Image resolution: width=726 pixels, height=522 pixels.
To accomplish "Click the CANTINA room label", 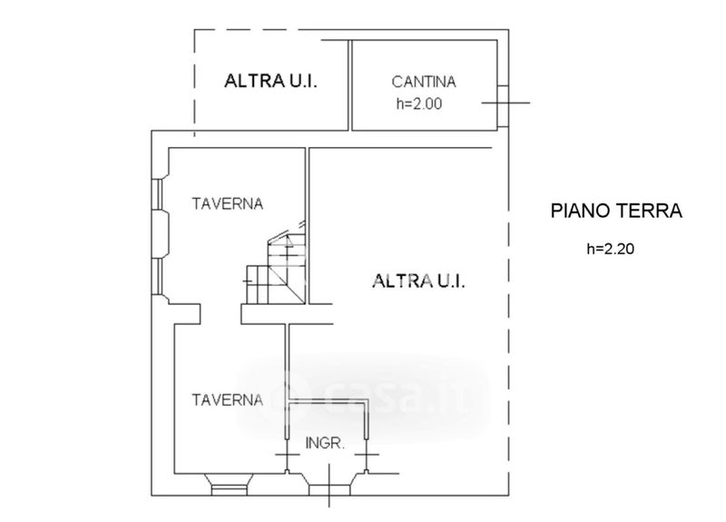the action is [423, 82].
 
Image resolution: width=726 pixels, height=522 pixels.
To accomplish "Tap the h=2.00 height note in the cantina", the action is [419, 103].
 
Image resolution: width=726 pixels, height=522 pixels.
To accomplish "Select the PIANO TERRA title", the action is [616, 211].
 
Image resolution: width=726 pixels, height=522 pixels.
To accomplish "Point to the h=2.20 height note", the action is [610, 249].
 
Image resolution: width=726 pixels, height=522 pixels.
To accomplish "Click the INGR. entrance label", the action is [325, 443].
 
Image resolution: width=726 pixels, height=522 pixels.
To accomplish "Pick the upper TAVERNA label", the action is [228, 203].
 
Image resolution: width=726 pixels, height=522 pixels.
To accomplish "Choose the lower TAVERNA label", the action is [228, 400].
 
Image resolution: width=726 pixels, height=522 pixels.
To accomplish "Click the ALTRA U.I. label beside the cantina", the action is [270, 81].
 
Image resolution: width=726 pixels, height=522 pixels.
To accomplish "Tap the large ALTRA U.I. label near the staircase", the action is [418, 281].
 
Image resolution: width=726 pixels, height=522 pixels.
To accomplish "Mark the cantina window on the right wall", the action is [503, 106].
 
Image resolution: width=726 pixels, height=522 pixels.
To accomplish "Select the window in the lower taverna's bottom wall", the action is [230, 486].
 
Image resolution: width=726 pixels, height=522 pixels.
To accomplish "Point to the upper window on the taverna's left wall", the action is [158, 195].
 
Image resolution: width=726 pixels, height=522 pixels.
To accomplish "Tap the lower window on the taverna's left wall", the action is [158, 277].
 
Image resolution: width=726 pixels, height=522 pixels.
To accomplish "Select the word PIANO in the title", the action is [579, 211].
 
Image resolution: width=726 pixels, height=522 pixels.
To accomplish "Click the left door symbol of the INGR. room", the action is [287, 455].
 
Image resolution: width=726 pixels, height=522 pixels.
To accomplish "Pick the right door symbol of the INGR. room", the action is [367, 455].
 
